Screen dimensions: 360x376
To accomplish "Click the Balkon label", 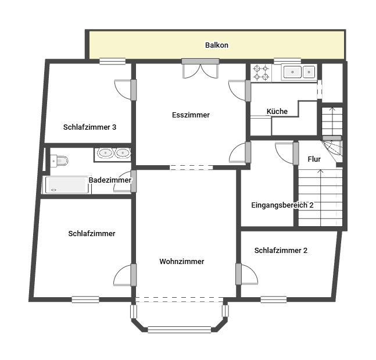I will coord(217,45).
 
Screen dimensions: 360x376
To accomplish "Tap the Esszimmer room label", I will coord(191,115).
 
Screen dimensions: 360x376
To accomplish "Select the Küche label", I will coord(277,112).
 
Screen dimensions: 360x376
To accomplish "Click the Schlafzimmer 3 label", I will coord(90,127).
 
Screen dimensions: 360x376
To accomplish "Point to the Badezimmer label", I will coord(110,180).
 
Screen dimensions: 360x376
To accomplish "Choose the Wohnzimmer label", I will coord(182,262).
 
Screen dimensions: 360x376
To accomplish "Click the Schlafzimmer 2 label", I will coord(281,251).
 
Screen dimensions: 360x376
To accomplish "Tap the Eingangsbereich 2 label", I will coord(282,205).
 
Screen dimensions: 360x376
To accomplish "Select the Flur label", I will coord(314,159).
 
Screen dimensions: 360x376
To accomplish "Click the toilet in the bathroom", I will coord(59,160).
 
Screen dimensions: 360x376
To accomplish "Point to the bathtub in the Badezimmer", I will coord(67,185).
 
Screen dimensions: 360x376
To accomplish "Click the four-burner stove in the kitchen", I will coord(261,72).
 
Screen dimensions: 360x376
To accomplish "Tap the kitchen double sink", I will coord(299,72).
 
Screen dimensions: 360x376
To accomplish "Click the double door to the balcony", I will coord(200,69).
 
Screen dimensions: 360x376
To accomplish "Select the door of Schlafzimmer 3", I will coord(124,89).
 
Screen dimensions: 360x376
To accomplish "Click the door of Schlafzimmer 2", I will coord(248,274).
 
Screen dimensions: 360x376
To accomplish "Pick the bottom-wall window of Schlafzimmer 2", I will coord(273,300).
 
